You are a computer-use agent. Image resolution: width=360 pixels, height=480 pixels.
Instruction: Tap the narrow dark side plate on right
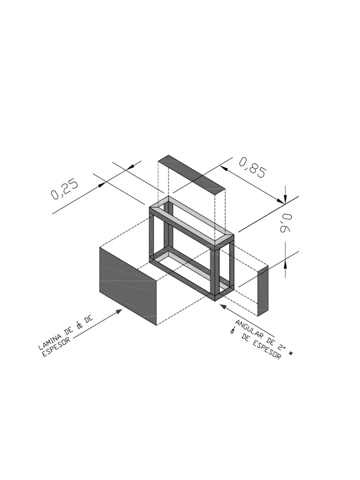pyautogui.click(x=263, y=291)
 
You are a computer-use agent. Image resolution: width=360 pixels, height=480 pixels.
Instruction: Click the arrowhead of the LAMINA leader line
pyautogui.click(x=119, y=311)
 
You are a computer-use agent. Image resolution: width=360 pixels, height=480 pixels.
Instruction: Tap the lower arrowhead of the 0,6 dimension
pyautogui.click(x=285, y=261)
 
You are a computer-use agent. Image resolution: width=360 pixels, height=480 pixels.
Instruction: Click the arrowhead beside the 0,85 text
pyautogui.click(x=224, y=168)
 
